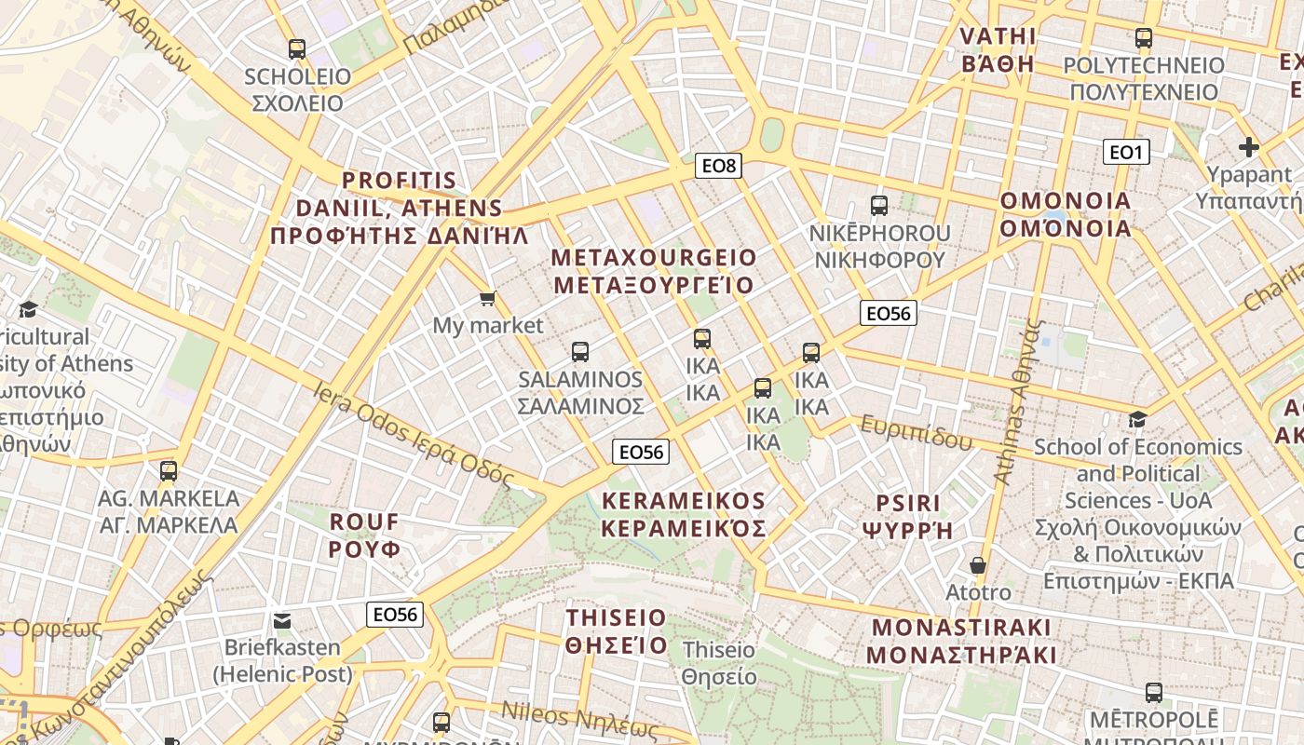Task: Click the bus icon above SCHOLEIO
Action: [x=297, y=49]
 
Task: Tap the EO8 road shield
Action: [x=718, y=167]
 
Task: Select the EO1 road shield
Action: [x=1125, y=152]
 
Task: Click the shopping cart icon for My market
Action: [x=487, y=298]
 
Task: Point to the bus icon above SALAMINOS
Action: [x=580, y=352]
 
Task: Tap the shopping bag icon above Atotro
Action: [x=978, y=565]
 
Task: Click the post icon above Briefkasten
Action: [x=282, y=620]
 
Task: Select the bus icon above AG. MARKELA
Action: [x=169, y=471]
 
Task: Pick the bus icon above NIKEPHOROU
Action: [x=878, y=206]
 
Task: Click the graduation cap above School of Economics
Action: [x=1137, y=419]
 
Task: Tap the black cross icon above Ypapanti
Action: [x=1249, y=147]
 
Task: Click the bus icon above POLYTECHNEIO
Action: [x=1144, y=39]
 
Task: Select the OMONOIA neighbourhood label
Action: [x=1065, y=214]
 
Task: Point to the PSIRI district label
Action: [x=908, y=517]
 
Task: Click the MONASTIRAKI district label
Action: [x=961, y=641]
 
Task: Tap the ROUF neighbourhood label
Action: [x=364, y=535]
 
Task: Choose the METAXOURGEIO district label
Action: [x=654, y=271]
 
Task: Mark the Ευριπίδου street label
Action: [x=915, y=433]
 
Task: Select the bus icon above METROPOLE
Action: [x=1153, y=693]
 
